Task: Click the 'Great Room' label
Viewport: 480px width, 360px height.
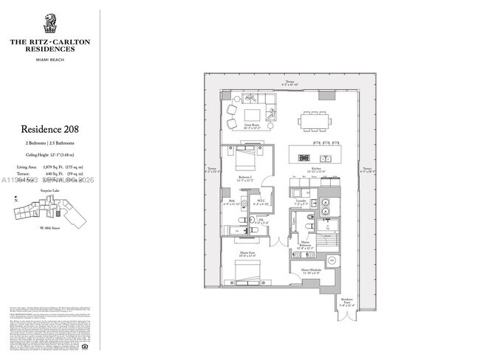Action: tap(254, 125)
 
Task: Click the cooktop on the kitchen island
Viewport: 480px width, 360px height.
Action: tap(303, 158)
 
